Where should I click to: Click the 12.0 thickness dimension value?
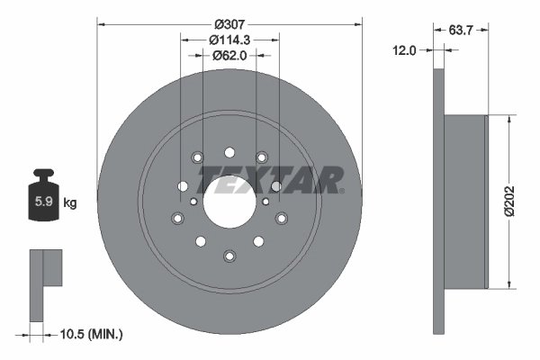pos(404,50)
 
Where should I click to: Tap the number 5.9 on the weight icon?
pos(43,202)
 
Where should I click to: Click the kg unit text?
pos(69,202)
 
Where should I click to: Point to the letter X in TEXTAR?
pos(256,180)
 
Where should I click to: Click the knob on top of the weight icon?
pos(42,174)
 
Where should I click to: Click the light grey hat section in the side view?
pos(466,202)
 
